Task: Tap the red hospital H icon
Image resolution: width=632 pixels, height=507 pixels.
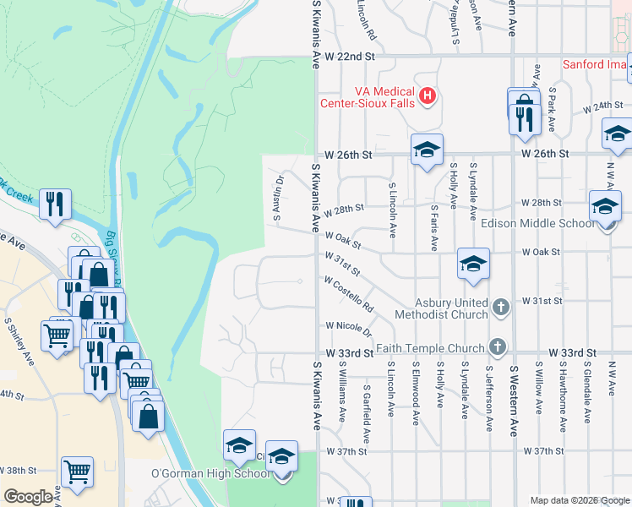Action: coord(428,96)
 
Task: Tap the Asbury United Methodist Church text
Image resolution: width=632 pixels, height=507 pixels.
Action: coord(451,308)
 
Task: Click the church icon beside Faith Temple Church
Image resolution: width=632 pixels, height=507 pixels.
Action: coord(499,346)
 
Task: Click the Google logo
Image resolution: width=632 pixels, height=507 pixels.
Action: coord(28,497)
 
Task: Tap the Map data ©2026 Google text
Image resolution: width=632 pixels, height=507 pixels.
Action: coord(580,500)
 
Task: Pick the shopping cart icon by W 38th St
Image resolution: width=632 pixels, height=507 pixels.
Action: coord(77,472)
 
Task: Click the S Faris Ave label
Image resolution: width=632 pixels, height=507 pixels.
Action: coord(434,227)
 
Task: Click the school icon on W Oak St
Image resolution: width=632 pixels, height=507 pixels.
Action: coord(474,264)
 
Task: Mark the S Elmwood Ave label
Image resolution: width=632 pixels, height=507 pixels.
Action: coord(415,394)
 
